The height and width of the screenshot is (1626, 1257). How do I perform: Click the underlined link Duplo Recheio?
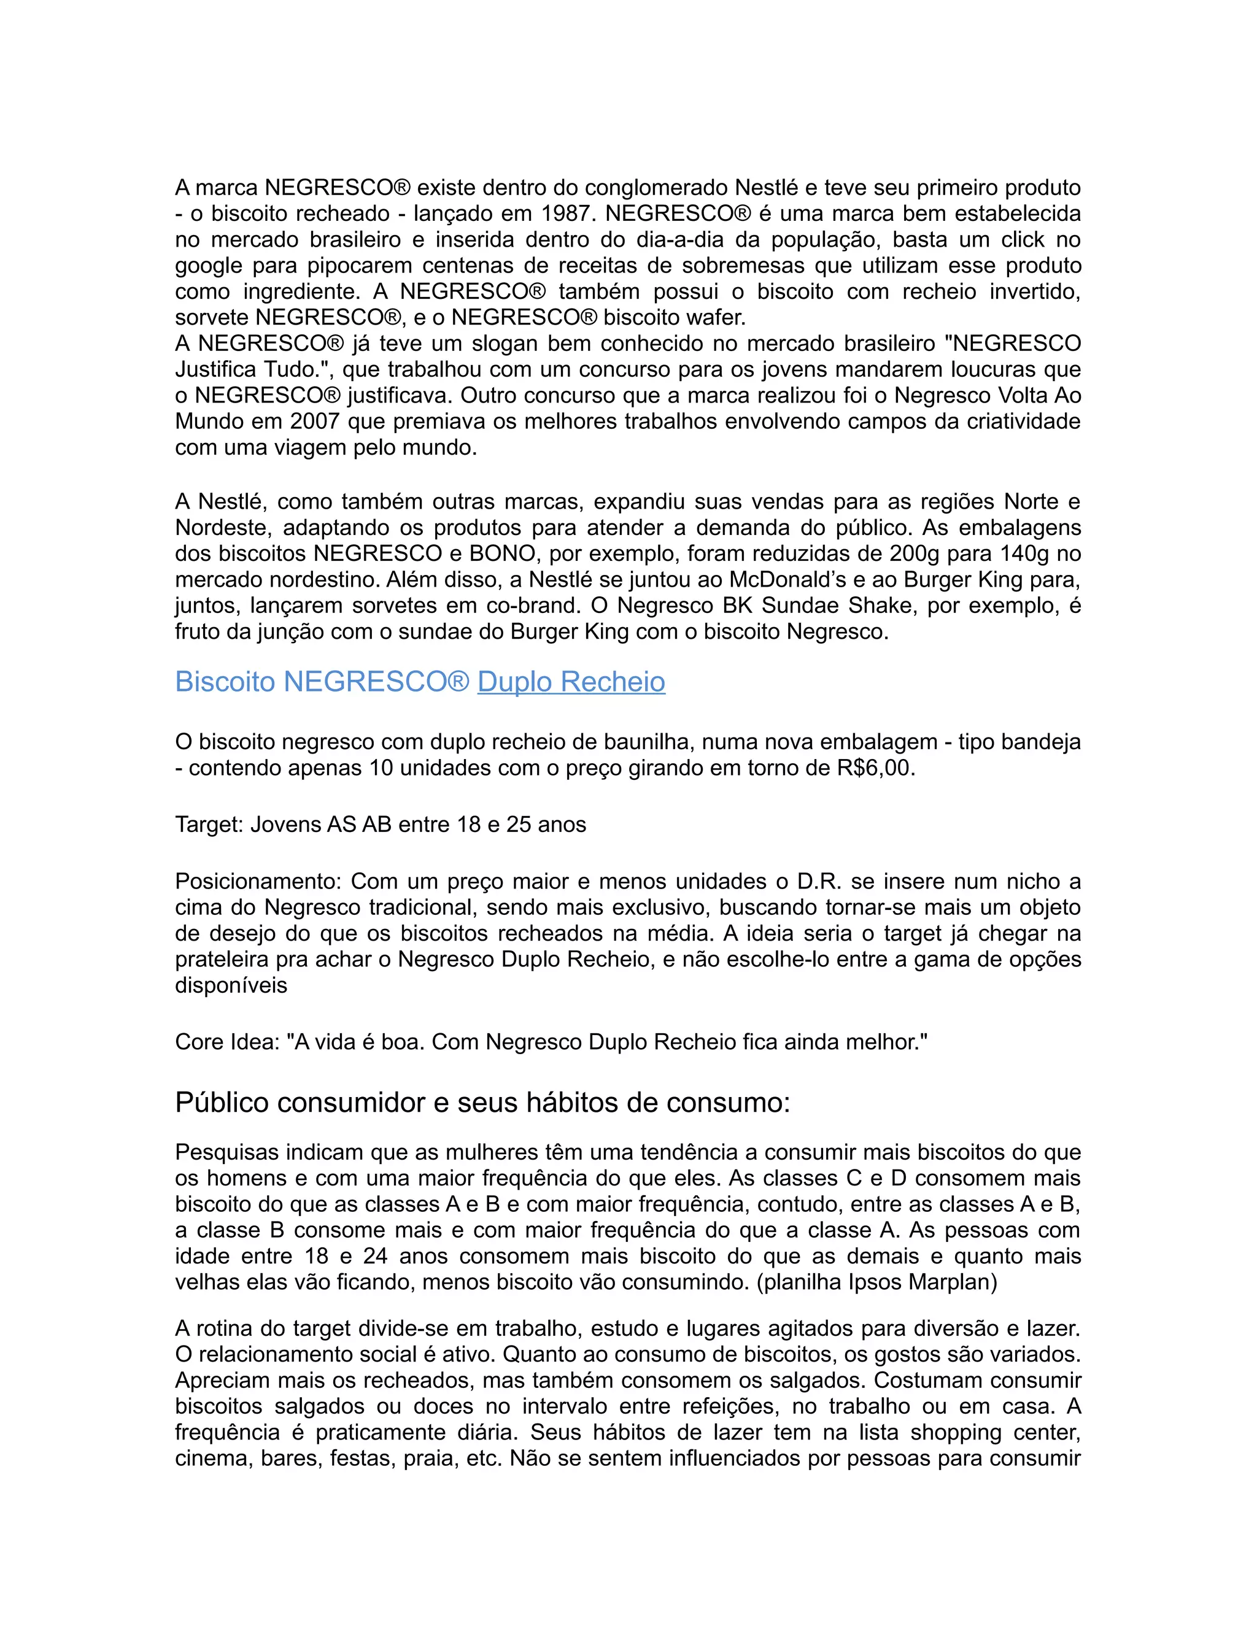click(x=571, y=682)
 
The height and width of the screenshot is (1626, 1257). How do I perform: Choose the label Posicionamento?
click(x=258, y=882)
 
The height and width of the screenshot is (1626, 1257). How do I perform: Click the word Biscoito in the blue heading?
click(x=225, y=682)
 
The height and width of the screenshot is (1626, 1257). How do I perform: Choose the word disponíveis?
click(x=231, y=986)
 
